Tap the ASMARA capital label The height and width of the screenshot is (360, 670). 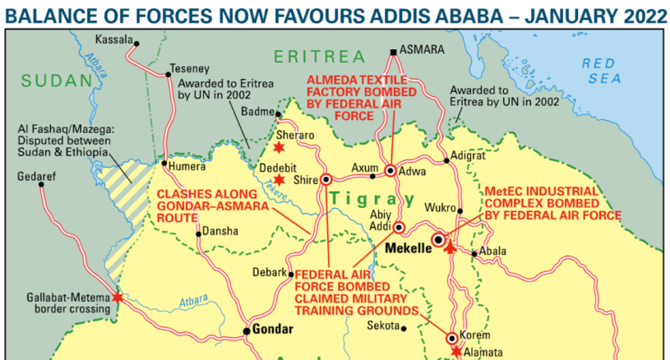point(423,50)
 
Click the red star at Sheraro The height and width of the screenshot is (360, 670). point(279,147)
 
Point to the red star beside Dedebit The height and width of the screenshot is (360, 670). point(280,179)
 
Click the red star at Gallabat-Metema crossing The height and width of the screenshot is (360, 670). point(118,298)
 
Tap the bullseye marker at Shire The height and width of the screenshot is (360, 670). point(326,178)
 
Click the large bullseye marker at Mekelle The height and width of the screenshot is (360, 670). point(439,240)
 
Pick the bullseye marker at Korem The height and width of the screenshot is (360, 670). point(451,338)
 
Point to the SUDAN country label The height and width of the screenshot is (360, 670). point(54,80)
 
